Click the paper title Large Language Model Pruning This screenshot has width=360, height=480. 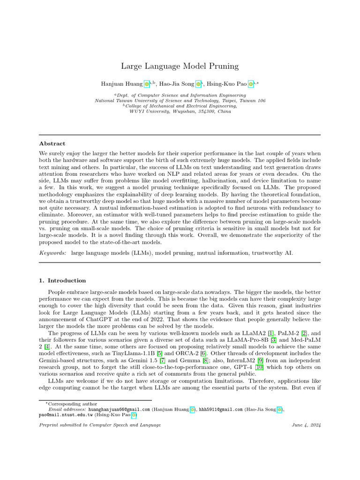180,66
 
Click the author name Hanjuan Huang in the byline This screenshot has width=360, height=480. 121,84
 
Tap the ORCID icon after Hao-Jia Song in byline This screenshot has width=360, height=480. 198,84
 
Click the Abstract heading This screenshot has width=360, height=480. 52,143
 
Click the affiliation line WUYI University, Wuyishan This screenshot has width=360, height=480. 180,112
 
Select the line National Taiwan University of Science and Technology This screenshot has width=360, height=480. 180,100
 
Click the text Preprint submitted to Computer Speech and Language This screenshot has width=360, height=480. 100,425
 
